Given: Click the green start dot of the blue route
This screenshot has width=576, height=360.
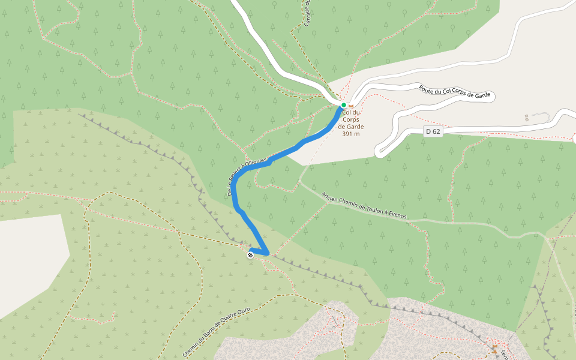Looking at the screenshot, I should tap(344, 105).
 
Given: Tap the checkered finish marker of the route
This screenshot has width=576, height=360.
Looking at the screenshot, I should tap(250, 255).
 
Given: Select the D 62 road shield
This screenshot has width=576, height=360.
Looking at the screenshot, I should tap(433, 131).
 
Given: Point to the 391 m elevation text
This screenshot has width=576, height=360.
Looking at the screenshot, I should tap(351, 134).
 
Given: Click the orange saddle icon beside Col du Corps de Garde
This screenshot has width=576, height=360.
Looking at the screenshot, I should tap(351, 106).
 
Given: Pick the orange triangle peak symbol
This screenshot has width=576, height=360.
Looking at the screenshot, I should tap(495, 348).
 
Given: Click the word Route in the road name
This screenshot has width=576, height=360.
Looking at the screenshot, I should tap(427, 89).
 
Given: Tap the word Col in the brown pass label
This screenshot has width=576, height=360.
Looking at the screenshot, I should tap(347, 112).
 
